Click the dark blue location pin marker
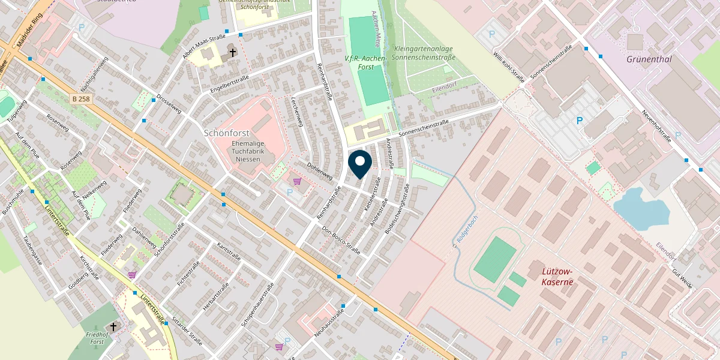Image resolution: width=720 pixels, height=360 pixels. pos(360,164)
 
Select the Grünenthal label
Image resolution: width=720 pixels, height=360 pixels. pos(649,59)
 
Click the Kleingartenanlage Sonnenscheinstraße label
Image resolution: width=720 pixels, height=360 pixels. pos(424,53)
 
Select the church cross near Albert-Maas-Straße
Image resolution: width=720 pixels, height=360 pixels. pos(232,53)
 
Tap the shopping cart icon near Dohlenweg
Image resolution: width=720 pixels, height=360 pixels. pos(297,181)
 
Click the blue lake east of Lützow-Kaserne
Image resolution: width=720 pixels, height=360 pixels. pos(641,208)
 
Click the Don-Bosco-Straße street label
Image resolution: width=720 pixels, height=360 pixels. pos(341,240)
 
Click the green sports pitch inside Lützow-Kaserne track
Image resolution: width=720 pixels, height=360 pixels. pos(496,260)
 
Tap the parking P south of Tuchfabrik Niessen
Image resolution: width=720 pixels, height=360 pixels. pos(290,192)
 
